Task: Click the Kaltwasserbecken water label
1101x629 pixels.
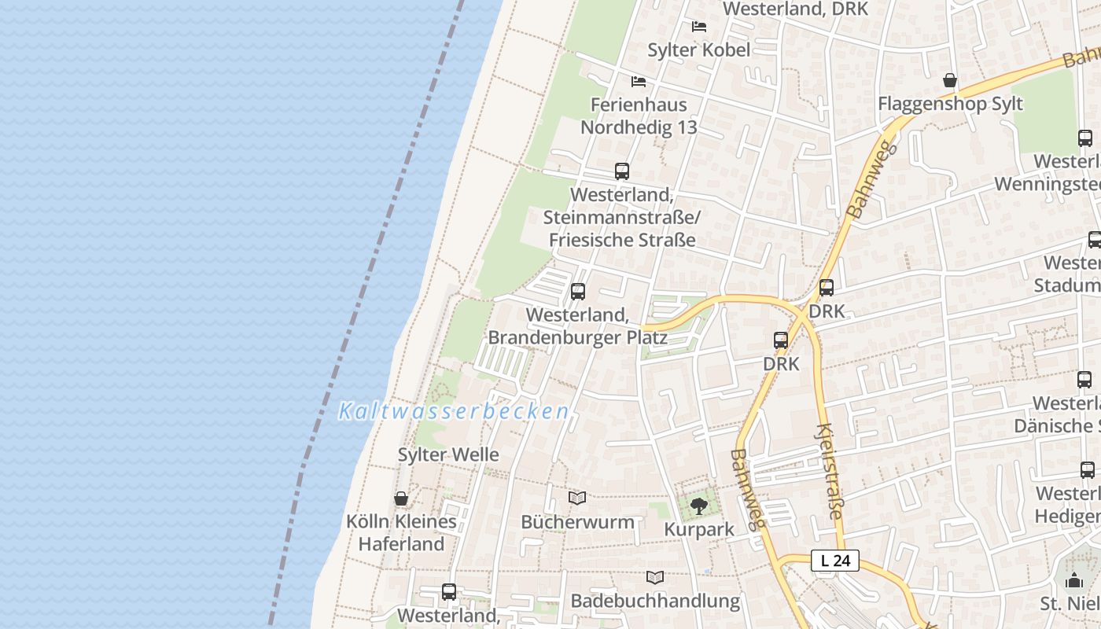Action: tap(454, 411)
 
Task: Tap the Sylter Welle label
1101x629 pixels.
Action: tap(448, 454)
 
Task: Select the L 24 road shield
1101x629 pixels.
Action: tap(834, 561)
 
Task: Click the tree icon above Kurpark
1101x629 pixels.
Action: tap(698, 506)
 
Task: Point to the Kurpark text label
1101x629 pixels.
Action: tap(699, 529)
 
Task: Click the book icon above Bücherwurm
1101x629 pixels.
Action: tap(577, 498)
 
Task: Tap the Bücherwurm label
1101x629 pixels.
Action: tap(577, 521)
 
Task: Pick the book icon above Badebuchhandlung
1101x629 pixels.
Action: tap(655, 577)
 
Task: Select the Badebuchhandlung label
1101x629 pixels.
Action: tap(655, 601)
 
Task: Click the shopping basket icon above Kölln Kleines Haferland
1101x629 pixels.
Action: tap(401, 498)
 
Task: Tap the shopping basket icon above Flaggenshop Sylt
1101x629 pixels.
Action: tap(950, 80)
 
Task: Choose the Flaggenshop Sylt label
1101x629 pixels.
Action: tap(950, 104)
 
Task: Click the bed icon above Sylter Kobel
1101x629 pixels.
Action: tap(698, 27)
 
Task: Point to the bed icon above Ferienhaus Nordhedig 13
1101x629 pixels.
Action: tap(639, 81)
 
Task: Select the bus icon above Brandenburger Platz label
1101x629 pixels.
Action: tap(578, 292)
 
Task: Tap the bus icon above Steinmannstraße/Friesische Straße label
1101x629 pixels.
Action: tap(621, 171)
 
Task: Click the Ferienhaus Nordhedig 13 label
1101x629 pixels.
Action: tap(639, 116)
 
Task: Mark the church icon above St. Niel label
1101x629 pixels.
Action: tap(1074, 581)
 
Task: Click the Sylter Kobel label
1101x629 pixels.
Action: tap(698, 50)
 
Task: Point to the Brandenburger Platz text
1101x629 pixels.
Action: tap(578, 337)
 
